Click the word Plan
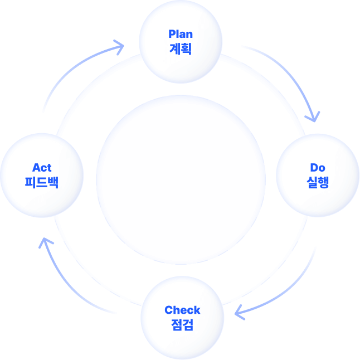(x=181, y=35)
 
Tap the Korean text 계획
(x=181, y=48)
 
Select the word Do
(x=317, y=167)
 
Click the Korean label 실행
(x=317, y=182)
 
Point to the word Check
(x=182, y=310)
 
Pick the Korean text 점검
(x=182, y=324)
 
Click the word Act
(x=42, y=167)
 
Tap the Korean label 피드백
(x=42, y=182)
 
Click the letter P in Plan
(x=172, y=35)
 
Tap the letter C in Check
(x=168, y=310)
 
